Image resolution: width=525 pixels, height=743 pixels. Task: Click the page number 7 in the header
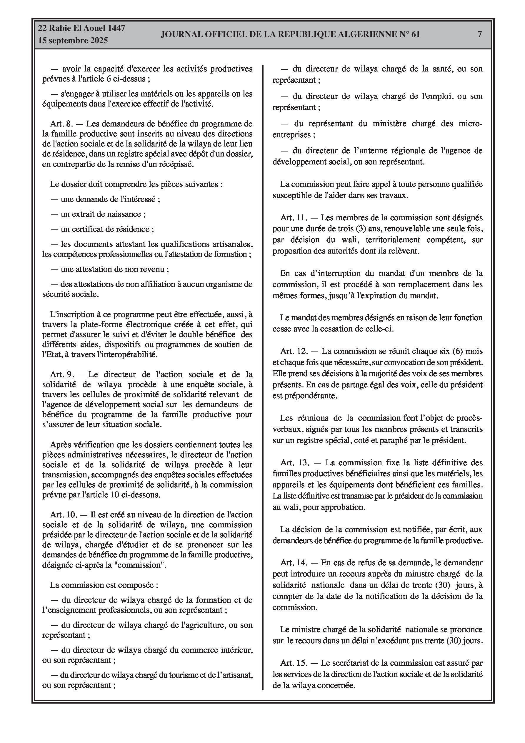tap(480, 34)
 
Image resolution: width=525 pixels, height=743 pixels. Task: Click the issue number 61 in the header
tap(416, 34)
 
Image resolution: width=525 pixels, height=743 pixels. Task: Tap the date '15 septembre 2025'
tap(73, 41)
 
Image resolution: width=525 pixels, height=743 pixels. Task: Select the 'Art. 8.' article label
tap(62, 124)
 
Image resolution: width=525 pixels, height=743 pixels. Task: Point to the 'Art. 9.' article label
tap(62, 375)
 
